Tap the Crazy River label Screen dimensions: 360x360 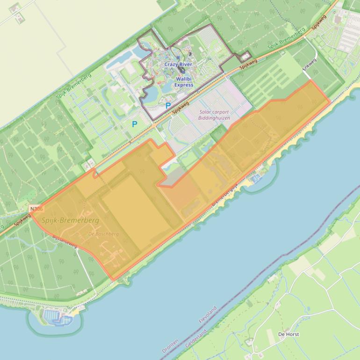[x=178, y=64]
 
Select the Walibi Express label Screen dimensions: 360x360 [x=184, y=82]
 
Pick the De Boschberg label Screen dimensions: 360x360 [x=103, y=234]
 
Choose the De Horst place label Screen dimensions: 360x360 [x=288, y=334]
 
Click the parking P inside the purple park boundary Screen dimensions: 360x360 [x=168, y=106]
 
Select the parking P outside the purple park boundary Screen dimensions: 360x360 [x=135, y=124]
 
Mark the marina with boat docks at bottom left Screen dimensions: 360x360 [x=56, y=319]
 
